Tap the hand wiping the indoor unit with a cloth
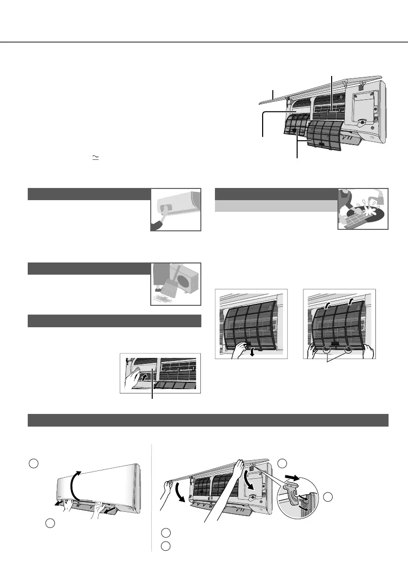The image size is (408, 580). (x=160, y=222)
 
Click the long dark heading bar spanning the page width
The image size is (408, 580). (x=208, y=420)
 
